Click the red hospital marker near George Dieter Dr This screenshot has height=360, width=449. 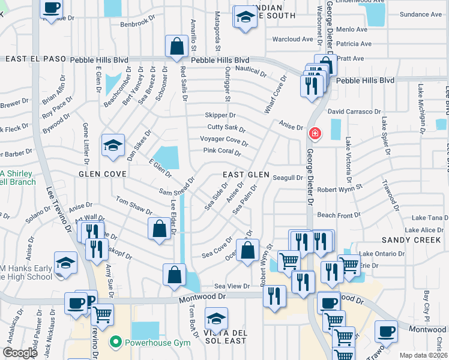pyautogui.click(x=313, y=133)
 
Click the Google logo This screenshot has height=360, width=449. pyautogui.click(x=20, y=353)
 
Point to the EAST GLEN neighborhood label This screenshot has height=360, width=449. pyautogui.click(x=246, y=175)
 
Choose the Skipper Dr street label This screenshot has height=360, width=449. pyautogui.click(x=220, y=115)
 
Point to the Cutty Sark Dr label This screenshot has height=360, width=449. pyautogui.click(x=226, y=128)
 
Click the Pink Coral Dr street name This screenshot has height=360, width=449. pyautogui.click(x=221, y=151)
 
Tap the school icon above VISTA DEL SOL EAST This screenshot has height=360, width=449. pyautogui.click(x=217, y=319)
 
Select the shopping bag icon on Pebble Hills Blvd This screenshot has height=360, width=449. pyautogui.click(x=177, y=47)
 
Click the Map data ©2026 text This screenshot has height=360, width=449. pyautogui.click(x=423, y=355)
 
